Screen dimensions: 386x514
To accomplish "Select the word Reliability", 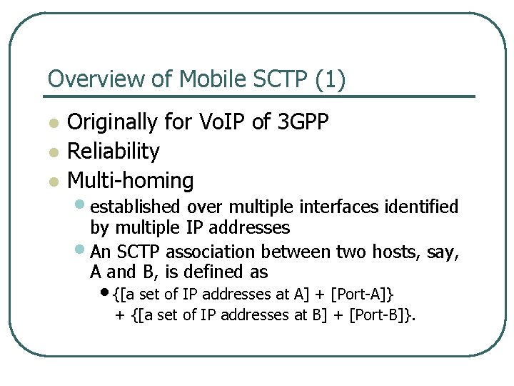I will click(114, 152).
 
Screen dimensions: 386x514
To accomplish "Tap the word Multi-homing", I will click(130, 181).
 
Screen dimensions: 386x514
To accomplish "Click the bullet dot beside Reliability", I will click(52, 152).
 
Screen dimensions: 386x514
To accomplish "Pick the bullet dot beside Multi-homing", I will click(52, 182).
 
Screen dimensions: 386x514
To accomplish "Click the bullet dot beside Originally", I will click(52, 123).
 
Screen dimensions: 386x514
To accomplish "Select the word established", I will click(135, 207).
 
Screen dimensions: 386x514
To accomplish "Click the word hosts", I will click(391, 252).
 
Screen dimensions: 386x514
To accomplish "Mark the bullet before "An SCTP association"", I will click(82, 251).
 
